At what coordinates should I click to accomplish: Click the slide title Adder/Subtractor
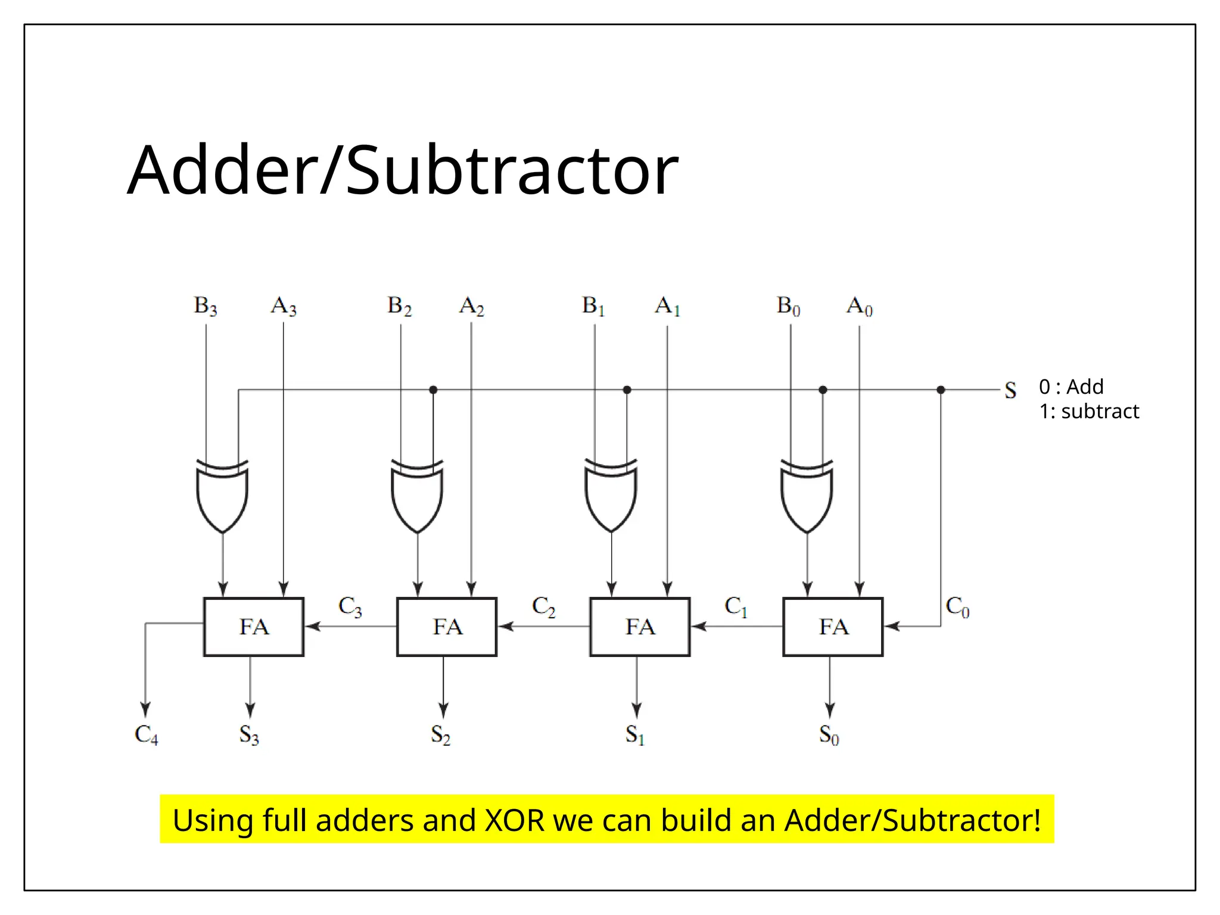[x=403, y=170]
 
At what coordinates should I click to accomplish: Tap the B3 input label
[x=205, y=306]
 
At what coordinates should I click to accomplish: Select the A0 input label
[x=859, y=306]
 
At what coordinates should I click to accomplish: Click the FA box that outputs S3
[x=254, y=627]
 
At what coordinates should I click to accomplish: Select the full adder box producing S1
[x=640, y=627]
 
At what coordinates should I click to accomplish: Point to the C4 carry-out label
[x=146, y=735]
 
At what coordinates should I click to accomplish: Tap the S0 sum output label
[x=829, y=735]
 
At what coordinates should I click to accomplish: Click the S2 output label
[x=441, y=735]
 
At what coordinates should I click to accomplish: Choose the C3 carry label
[x=350, y=606]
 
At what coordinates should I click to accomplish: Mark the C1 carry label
[x=736, y=606]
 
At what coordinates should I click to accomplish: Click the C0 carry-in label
[x=957, y=606]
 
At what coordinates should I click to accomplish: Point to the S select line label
[x=1010, y=390]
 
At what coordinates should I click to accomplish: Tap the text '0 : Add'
[x=1071, y=387]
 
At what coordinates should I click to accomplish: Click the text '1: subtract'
[x=1089, y=411]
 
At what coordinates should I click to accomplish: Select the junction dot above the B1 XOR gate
[x=627, y=390]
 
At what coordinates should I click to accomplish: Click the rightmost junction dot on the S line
[x=941, y=390]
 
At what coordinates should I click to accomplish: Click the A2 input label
[x=471, y=306]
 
